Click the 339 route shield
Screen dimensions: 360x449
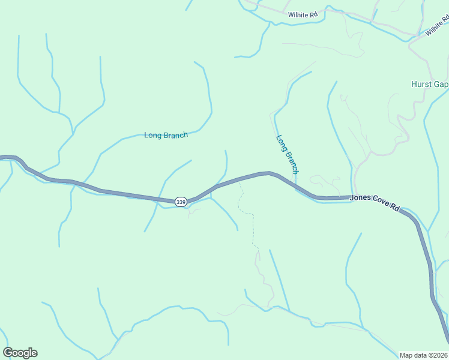(x=181, y=202)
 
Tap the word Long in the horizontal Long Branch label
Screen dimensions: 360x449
(x=152, y=136)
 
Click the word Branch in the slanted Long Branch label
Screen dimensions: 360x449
(x=291, y=162)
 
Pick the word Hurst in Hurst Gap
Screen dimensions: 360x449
(x=422, y=85)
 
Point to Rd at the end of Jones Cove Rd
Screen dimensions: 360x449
(x=395, y=208)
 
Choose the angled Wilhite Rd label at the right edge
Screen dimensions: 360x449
(x=438, y=26)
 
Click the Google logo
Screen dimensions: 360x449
(x=20, y=353)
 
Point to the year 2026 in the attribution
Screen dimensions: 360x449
(x=441, y=355)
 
